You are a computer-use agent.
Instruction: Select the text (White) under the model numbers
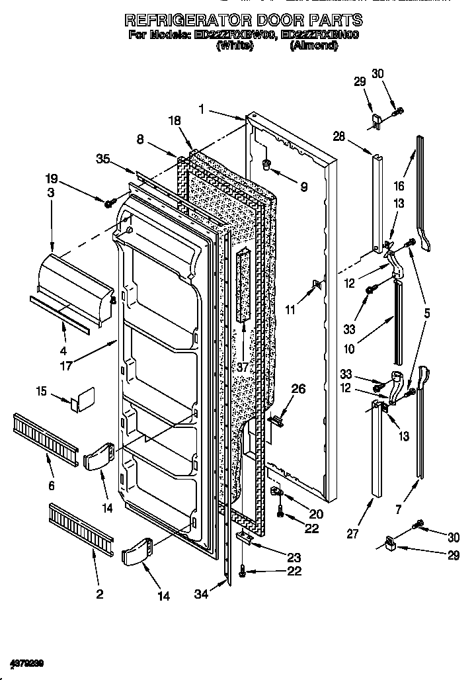234,46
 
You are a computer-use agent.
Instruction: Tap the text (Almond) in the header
313,46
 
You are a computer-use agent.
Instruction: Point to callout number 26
298,389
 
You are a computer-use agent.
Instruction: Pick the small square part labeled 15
84,400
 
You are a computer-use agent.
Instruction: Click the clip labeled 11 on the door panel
317,285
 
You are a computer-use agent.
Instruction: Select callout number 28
339,136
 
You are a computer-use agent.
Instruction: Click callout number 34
200,594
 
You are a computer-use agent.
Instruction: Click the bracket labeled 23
245,537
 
